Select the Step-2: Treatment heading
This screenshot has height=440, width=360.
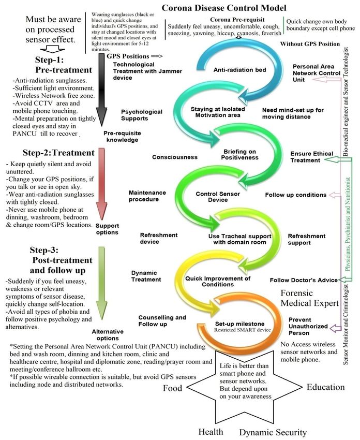coord(58,153)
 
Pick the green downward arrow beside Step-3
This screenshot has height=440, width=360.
coord(102,280)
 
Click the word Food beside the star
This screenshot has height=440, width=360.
coord(173,388)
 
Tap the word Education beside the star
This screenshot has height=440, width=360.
coord(325,387)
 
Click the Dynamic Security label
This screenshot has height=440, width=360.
coord(273,432)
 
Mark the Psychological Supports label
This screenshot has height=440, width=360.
coord(141,115)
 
